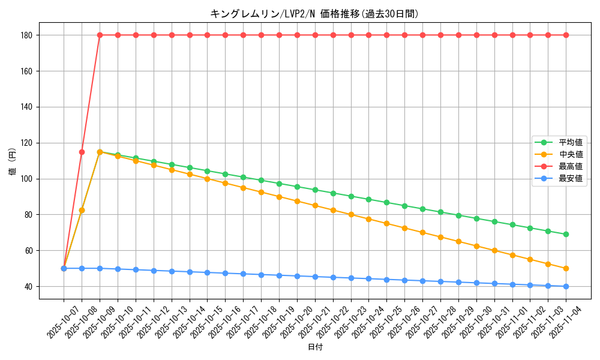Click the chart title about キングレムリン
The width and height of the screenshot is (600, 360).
(314, 14)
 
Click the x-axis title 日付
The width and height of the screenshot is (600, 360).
(314, 347)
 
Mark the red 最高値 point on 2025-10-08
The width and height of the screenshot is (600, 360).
(82, 152)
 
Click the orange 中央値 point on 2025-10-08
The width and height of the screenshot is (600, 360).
(82, 210)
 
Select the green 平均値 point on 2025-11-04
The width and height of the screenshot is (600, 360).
(566, 234)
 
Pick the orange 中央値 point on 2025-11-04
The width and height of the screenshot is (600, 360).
(566, 268)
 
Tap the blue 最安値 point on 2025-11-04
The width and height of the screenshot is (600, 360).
(566, 286)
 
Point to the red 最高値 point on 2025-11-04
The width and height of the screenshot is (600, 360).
(566, 35)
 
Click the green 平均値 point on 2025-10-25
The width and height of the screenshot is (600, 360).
(386, 202)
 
